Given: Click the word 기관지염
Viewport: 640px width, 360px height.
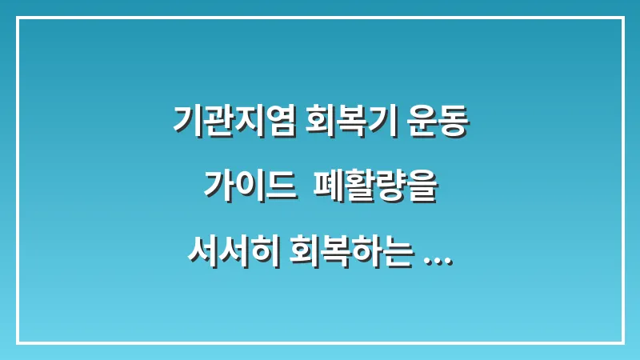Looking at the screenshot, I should (x=235, y=122).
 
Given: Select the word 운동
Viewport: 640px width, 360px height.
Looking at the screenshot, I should (x=438, y=122).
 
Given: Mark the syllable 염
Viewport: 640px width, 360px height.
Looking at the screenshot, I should (x=282, y=122).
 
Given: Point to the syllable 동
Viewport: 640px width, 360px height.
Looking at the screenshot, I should (x=453, y=122).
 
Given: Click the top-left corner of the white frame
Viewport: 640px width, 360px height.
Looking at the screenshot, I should (x=18, y=18).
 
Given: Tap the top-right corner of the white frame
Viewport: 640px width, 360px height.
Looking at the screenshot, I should (x=622, y=18).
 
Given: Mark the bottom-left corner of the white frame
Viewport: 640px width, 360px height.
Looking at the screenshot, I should (x=18, y=342).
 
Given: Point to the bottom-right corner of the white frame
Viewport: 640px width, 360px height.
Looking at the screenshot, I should (x=622, y=342).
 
